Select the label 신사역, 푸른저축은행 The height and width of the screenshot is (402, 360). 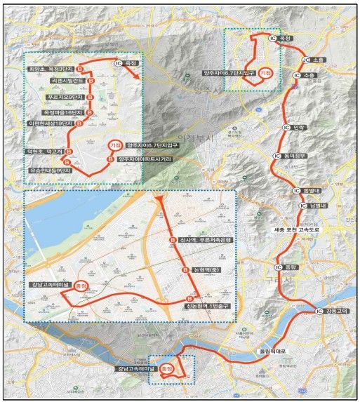[205, 240]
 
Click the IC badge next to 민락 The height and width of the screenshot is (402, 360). [286, 127]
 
